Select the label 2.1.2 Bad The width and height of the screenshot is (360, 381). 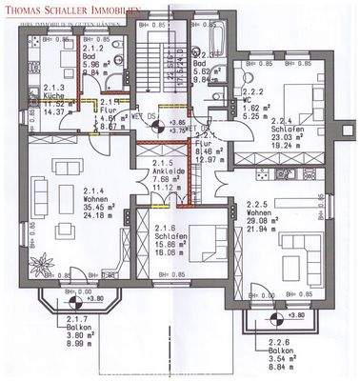click(94, 50)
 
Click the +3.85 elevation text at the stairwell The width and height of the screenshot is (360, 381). click(176, 123)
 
